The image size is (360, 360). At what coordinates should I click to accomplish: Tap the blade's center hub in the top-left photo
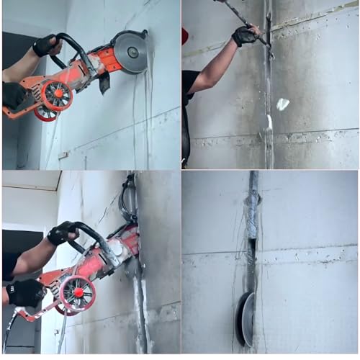pos(132,52)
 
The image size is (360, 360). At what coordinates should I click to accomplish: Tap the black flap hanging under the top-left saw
pos(104,82)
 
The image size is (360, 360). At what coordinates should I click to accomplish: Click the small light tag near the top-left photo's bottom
pos(63,155)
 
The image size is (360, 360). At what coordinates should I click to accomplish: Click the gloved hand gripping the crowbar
pos(245,35)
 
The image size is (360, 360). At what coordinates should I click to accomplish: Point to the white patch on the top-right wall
pos(282,104)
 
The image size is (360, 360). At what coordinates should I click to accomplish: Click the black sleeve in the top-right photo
pos(189,84)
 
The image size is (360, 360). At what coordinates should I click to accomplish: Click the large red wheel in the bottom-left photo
pos(77,293)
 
